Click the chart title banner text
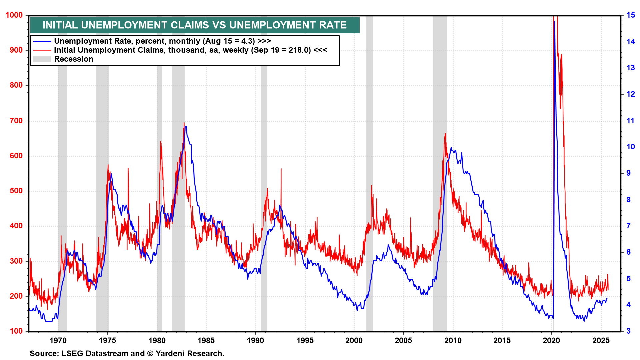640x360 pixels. [195, 25]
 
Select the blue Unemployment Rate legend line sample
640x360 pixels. [42, 41]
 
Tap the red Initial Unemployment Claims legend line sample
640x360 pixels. [42, 50]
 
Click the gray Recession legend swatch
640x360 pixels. [42, 59]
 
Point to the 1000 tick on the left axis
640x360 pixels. [14, 15]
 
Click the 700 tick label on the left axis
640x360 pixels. [16, 121]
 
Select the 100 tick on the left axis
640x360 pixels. [16, 331]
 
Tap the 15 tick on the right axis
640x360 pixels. [631, 15]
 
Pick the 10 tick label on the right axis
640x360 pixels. [631, 147]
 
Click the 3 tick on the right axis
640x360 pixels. [629, 331]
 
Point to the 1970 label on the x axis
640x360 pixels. [58, 340]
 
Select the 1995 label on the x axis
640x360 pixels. [305, 340]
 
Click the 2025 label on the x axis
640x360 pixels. [601, 340]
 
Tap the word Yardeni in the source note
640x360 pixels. [169, 353]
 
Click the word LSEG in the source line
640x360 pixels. [72, 353]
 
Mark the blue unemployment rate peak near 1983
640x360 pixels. [186, 126]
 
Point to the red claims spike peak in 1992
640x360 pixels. [281, 169]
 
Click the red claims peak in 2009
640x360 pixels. [445, 134]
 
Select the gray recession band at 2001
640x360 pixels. [369, 167]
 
